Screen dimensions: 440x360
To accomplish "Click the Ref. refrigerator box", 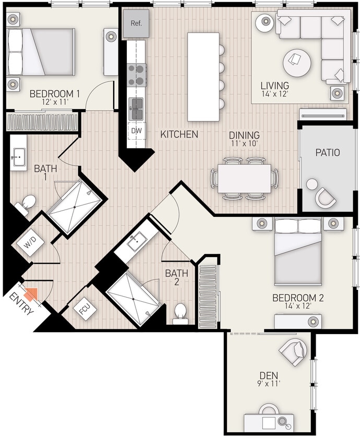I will coord(136,24).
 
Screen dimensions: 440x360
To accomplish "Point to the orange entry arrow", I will coord(31,294).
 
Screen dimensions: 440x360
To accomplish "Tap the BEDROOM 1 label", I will coord(54,94).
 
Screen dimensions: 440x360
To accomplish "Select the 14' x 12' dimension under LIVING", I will coord(275,94).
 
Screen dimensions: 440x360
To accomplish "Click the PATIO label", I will coord(328,153).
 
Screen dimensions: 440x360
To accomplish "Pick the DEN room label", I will coord(269,375).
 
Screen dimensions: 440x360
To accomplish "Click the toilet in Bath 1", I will coord(28,202).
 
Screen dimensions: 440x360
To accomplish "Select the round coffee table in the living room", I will coord(297,63).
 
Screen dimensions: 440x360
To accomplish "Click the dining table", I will coord(244,178).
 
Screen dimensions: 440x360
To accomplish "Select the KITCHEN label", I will coord(179,135).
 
